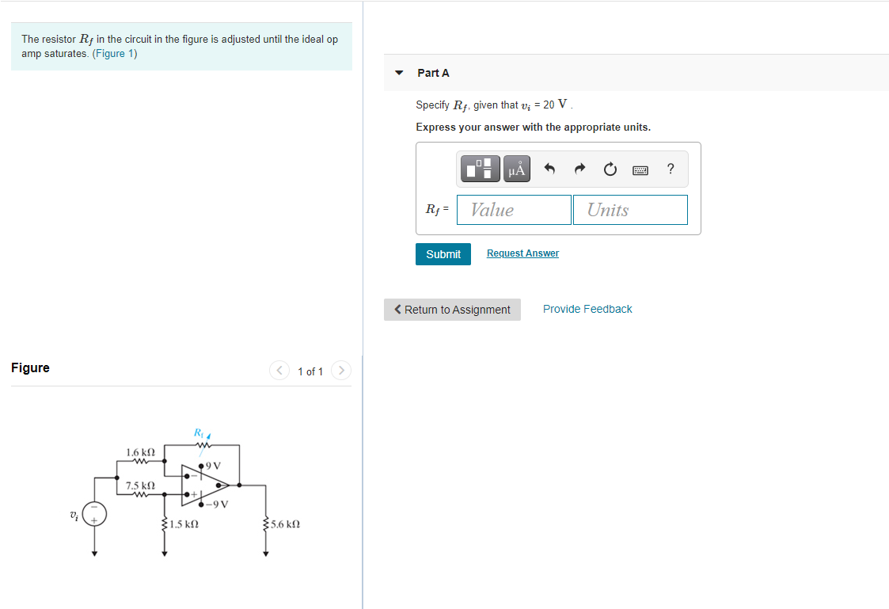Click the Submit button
[x=443, y=254]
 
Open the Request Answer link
[x=522, y=253]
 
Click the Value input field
[x=514, y=210]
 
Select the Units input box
[x=630, y=210]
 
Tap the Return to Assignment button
[x=452, y=310]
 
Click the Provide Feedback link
[x=587, y=309]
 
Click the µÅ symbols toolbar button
[x=517, y=169]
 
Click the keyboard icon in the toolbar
[x=640, y=169]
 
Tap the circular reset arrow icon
[x=610, y=169]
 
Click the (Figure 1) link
[x=115, y=54]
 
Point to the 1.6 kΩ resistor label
[x=139, y=452]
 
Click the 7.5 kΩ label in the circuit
[x=139, y=485]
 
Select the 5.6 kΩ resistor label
[x=285, y=524]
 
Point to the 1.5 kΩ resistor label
[x=184, y=524]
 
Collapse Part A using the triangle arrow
[x=399, y=73]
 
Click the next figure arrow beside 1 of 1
[x=341, y=371]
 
